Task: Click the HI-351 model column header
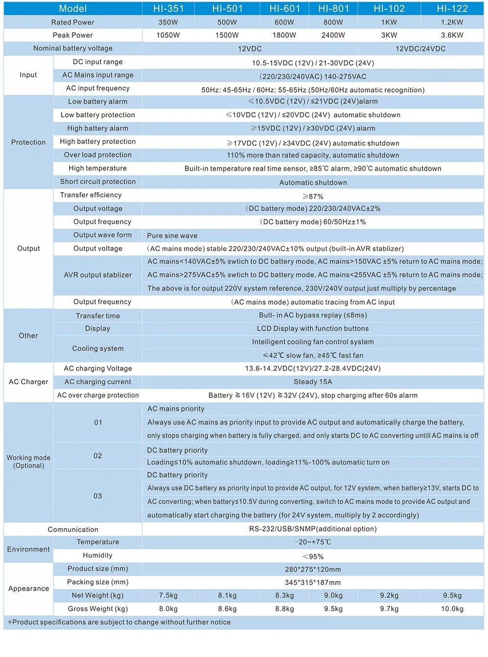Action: click(x=168, y=8)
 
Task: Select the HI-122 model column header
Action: click(x=452, y=8)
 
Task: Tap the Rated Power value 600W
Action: click(x=284, y=22)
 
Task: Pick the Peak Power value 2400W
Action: click(x=333, y=35)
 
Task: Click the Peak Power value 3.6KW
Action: click(x=452, y=35)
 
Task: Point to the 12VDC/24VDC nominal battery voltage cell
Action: click(x=420, y=49)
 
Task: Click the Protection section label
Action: click(x=28, y=142)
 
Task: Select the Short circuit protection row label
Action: click(x=98, y=181)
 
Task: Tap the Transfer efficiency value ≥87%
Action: click(x=313, y=196)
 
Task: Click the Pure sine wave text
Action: click(x=172, y=236)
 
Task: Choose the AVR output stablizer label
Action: click(x=98, y=275)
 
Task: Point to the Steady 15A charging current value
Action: click(x=313, y=382)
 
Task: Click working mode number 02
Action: click(x=98, y=456)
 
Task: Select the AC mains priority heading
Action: click(x=176, y=409)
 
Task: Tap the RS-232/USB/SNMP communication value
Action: click(x=313, y=529)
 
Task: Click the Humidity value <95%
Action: click(x=313, y=556)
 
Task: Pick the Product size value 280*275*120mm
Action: click(x=313, y=569)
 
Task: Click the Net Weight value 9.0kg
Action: click(x=333, y=595)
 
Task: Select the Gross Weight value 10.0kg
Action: click(x=452, y=608)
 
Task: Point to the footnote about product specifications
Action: click(x=119, y=622)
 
